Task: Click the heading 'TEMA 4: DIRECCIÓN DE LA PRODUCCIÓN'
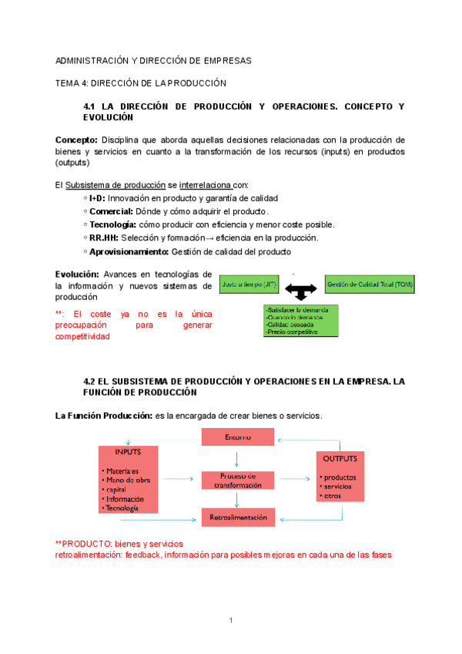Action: click(x=141, y=83)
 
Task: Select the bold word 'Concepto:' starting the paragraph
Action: click(x=76, y=140)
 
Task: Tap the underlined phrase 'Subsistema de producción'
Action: click(x=115, y=184)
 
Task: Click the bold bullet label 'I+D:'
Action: click(x=98, y=198)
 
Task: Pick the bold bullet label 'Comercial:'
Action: click(x=111, y=211)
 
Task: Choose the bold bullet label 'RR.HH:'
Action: click(x=104, y=238)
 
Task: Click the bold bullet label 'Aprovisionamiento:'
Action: click(x=129, y=251)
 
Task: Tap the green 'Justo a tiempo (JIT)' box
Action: click(x=249, y=285)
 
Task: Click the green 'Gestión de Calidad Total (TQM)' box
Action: click(x=370, y=285)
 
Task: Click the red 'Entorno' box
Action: click(x=237, y=437)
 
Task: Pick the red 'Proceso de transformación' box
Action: click(x=237, y=480)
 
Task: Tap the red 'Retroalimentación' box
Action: click(x=237, y=517)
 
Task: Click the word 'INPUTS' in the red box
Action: click(x=128, y=452)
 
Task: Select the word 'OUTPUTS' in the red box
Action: click(x=340, y=459)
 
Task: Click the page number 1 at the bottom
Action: click(x=230, y=620)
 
